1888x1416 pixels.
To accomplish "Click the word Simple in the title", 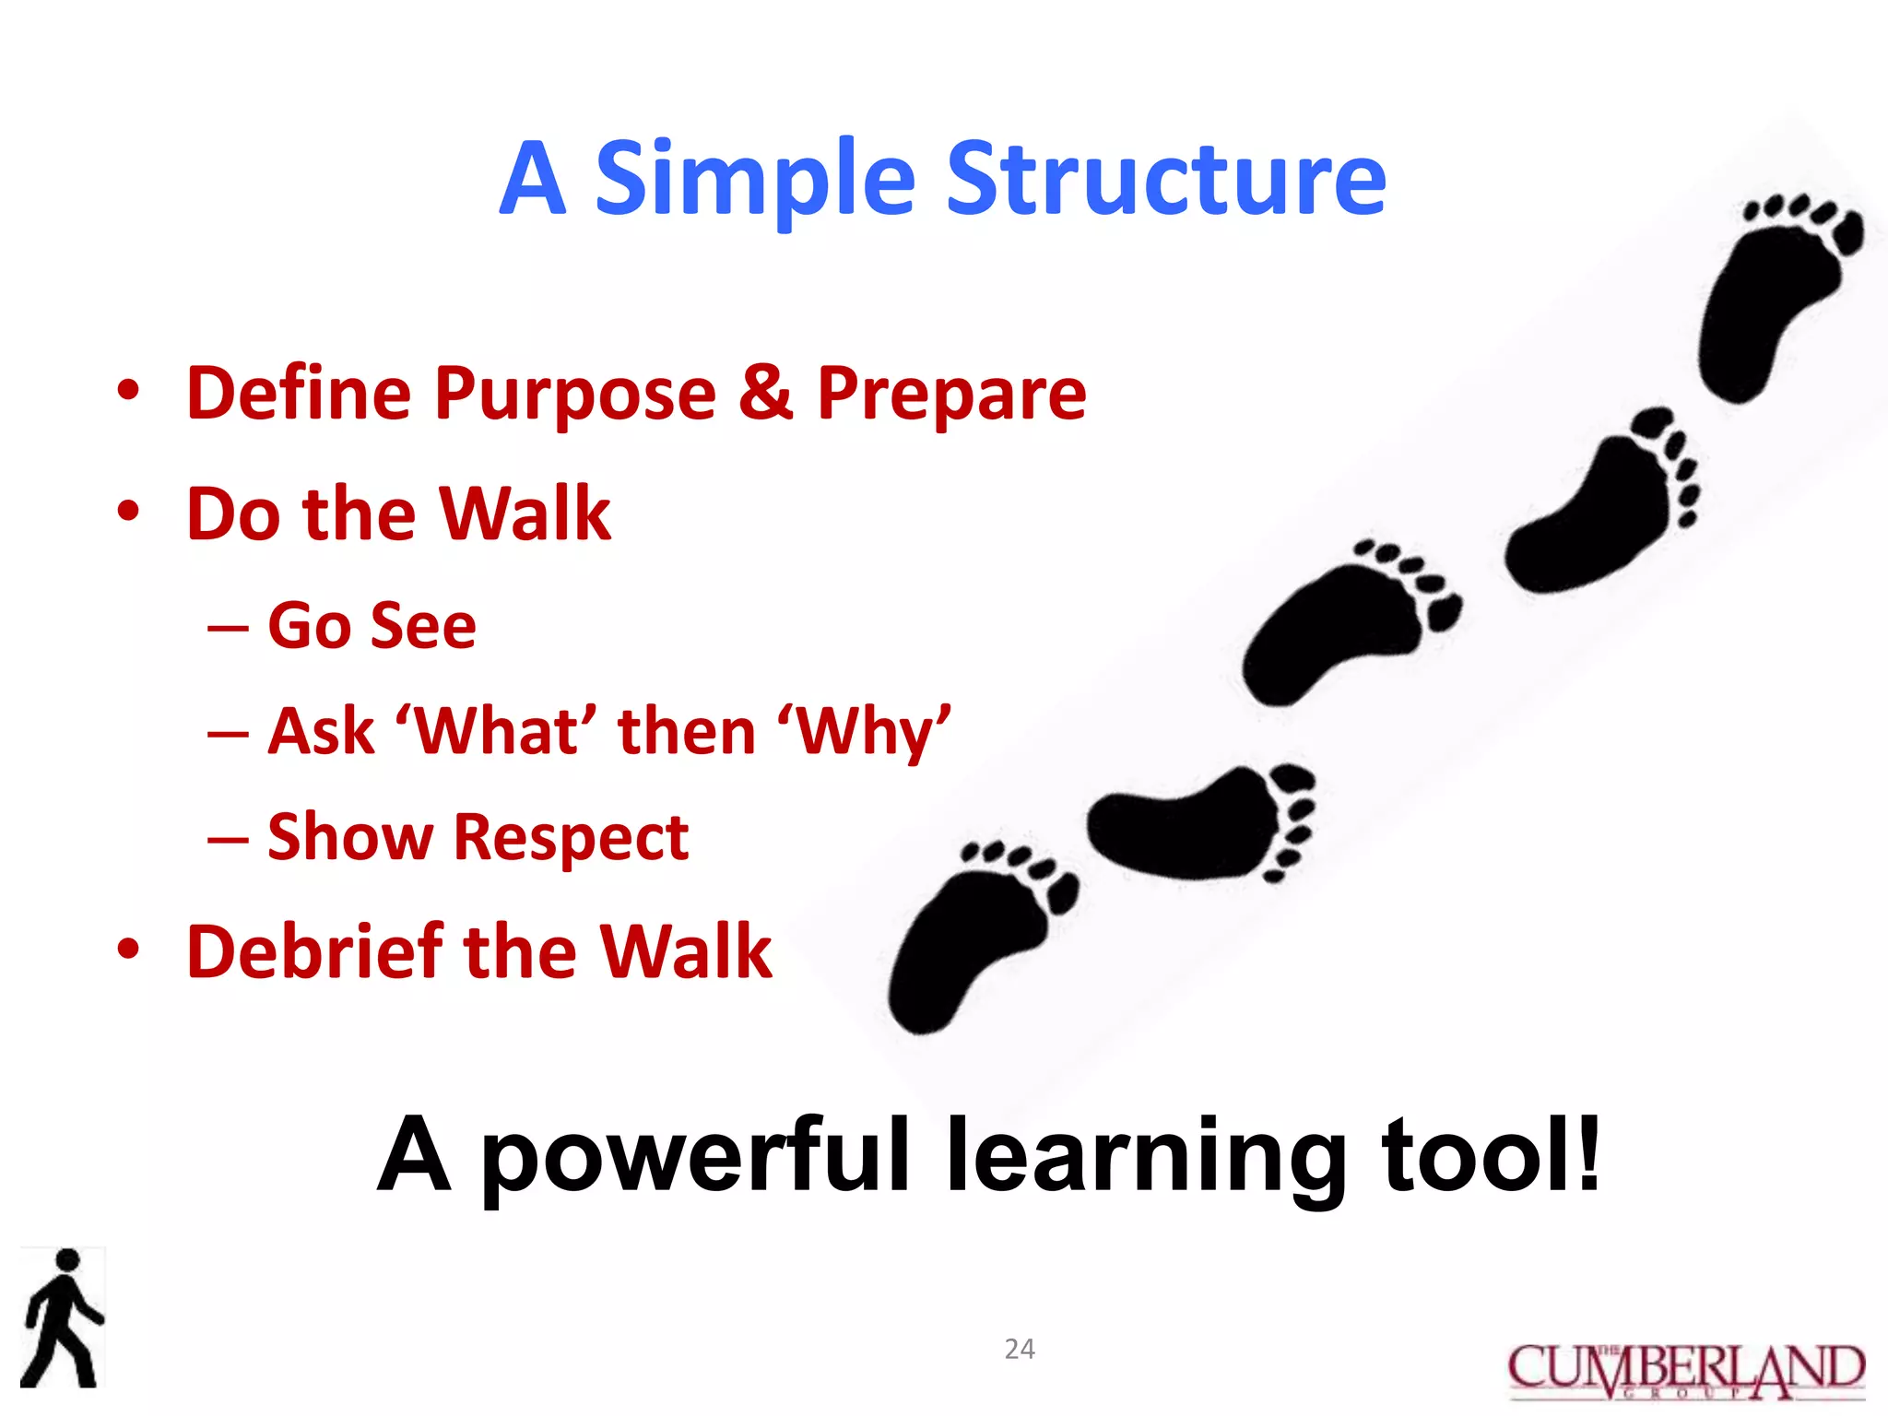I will point(755,180).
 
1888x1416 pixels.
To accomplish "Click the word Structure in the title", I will point(1166,180).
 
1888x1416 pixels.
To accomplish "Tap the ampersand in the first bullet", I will point(765,393).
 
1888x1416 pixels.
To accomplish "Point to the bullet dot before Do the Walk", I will point(128,512).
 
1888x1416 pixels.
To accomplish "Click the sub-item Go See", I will point(372,626).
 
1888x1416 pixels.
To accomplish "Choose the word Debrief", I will point(314,951).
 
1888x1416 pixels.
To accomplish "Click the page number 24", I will point(1019,1349).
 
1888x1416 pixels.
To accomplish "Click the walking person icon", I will point(63,1318).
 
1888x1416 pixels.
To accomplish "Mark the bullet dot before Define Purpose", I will point(128,391).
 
